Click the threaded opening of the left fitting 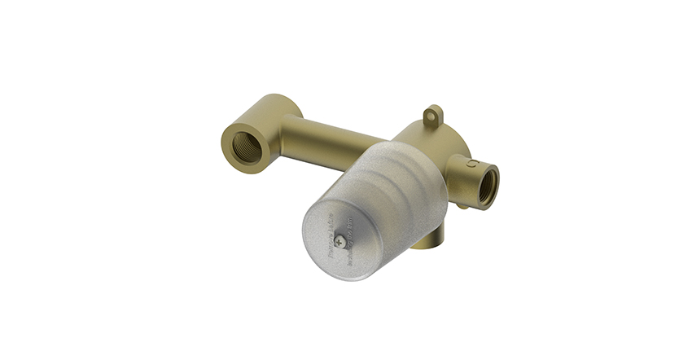pos(242,147)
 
